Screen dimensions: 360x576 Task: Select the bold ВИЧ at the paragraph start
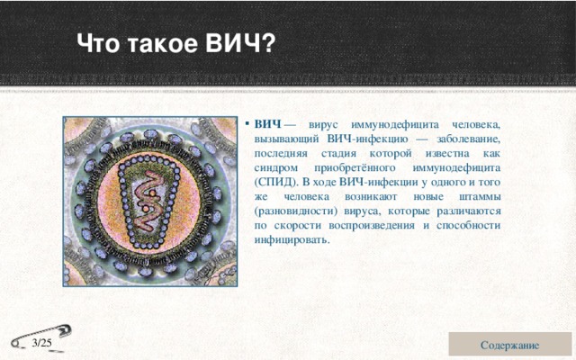click(x=266, y=123)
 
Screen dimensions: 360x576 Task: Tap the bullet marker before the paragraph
click(x=247, y=123)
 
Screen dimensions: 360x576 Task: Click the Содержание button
click(x=509, y=345)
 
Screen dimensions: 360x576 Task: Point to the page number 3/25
click(x=41, y=343)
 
